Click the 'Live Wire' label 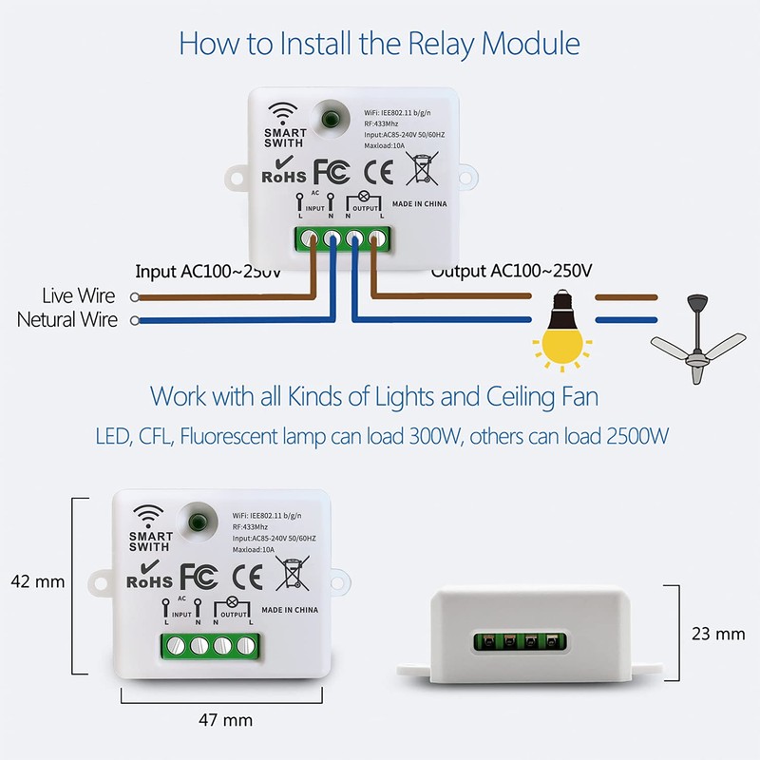coord(80,296)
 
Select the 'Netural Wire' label coord(67,320)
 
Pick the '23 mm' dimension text coord(717,633)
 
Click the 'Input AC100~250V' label coord(208,271)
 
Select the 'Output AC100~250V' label coord(512,271)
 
